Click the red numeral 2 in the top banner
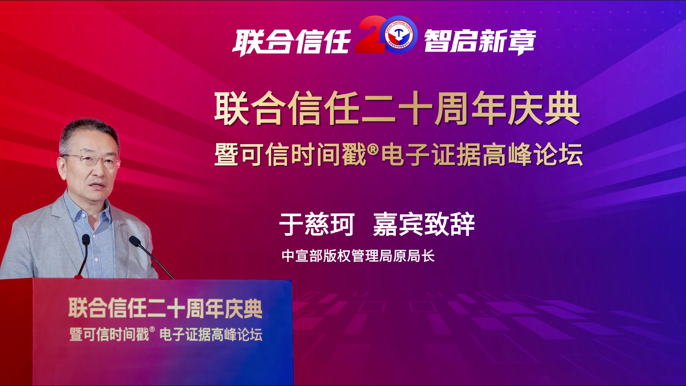coord(372,35)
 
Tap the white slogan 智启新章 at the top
coord(480,42)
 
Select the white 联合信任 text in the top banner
coord(292,42)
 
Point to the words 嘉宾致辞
coord(424,224)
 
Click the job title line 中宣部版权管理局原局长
coord(358,256)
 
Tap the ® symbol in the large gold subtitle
coord(373,149)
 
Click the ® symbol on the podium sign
coord(152,329)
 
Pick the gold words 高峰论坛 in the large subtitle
coord(533,155)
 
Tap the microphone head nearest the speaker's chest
coord(86,239)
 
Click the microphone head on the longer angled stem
coord(135,241)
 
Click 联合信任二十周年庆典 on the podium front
coord(165,308)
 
